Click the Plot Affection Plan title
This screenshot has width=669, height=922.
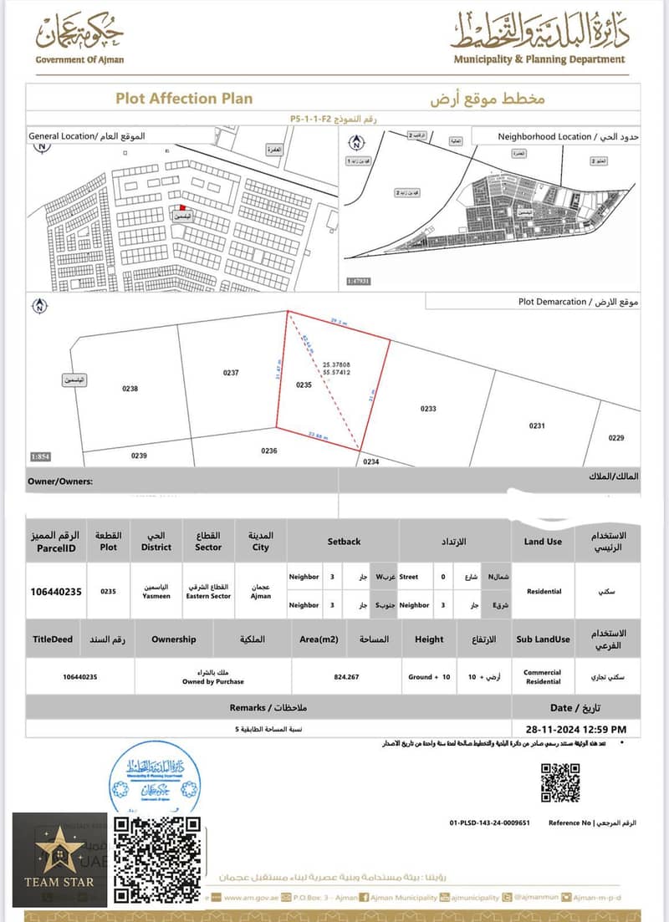pos(183,99)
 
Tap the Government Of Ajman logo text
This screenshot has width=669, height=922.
pos(79,60)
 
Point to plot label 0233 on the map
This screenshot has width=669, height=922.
pos(428,409)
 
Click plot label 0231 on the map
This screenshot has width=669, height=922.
pos(536,425)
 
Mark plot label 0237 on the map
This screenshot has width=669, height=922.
pos(231,373)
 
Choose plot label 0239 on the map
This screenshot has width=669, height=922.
pos(139,456)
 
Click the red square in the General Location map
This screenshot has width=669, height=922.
pos(182,206)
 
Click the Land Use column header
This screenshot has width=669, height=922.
pos(543,542)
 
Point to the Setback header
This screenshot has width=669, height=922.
pos(344,542)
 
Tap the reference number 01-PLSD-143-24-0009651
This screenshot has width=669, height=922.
pos(490,823)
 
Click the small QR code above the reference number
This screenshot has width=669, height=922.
pos(559,783)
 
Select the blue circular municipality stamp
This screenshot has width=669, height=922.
pos(155,777)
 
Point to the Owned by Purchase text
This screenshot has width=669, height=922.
pos(214,681)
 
